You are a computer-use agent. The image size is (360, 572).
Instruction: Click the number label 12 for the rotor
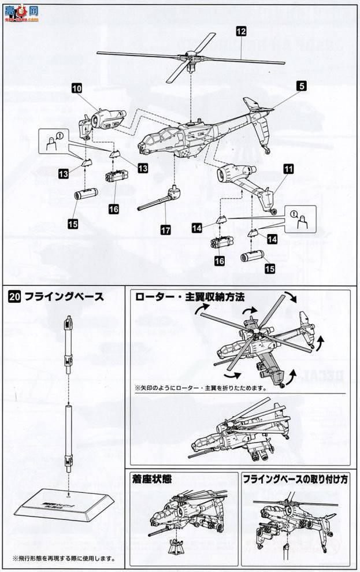(240, 32)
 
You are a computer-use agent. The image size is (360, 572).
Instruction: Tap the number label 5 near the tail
(301, 85)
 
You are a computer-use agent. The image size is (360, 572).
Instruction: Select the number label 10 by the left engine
(76, 88)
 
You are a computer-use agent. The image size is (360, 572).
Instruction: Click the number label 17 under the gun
(166, 229)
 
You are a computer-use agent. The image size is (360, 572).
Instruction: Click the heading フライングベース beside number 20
(64, 297)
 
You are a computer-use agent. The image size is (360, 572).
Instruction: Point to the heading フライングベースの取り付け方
(295, 478)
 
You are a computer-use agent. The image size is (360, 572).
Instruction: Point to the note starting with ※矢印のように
(200, 388)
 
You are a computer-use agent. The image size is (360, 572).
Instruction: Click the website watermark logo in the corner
(21, 13)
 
